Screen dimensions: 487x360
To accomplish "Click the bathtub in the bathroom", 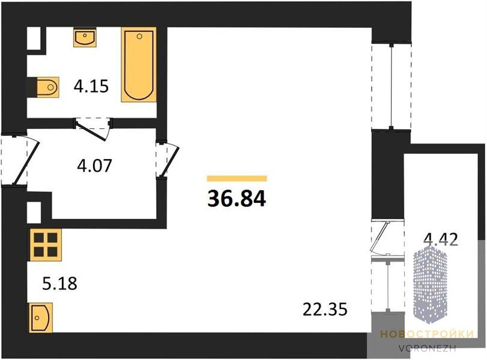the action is tap(139, 65).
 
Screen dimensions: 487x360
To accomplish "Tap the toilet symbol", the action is tap(48, 87).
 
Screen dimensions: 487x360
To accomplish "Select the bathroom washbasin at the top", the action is tap(85, 37).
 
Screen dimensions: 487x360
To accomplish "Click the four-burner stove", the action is tap(46, 245).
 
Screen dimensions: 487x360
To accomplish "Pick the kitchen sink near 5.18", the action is tap(41, 318).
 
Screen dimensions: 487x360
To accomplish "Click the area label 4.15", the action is tap(91, 86).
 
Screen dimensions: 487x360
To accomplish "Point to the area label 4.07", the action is tap(94, 166).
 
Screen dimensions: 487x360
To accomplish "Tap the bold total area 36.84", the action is tap(237, 199).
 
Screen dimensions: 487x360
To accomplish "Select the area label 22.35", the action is tap(325, 310).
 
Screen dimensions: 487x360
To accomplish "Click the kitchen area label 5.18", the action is tap(59, 283).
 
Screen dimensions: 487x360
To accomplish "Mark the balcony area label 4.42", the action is tap(441, 239).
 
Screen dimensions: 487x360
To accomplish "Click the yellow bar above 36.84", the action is tap(237, 178).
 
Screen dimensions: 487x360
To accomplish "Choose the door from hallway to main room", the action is tap(168, 160).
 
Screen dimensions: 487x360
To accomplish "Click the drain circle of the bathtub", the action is tap(139, 37).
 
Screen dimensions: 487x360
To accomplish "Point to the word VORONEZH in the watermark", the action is tap(428, 348).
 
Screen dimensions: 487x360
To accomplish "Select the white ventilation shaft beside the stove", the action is tap(34, 212).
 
